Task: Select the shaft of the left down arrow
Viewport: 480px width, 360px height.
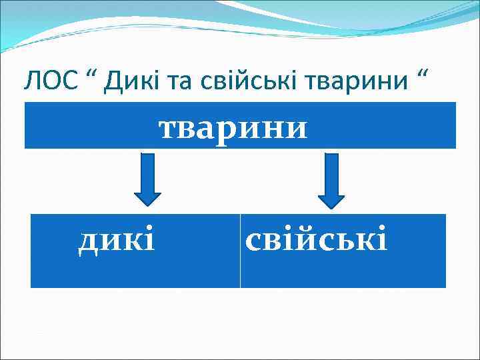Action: [x=147, y=173]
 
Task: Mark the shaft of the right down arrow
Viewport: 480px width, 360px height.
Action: [x=331, y=173]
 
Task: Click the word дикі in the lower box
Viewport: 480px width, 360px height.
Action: [x=117, y=239]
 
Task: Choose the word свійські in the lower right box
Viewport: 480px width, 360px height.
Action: [x=316, y=239]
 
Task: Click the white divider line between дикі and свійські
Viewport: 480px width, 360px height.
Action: [x=240, y=251]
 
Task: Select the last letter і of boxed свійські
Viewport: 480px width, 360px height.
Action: [x=382, y=238]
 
